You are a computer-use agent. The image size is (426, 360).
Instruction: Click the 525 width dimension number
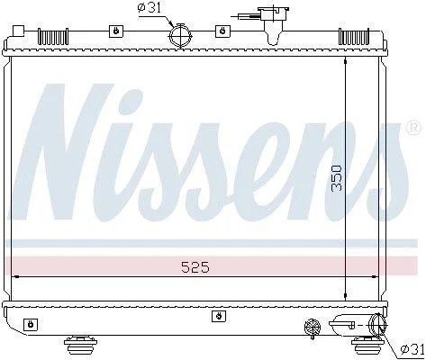pos(195,267)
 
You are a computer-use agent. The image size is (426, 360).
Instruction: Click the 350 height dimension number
pos(337,178)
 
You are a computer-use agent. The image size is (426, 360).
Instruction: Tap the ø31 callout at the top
pos(150,8)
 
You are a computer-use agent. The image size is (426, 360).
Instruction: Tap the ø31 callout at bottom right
pos(413,349)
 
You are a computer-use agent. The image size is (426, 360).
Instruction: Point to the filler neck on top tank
pos(274,24)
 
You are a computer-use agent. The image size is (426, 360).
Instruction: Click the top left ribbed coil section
pos(53,37)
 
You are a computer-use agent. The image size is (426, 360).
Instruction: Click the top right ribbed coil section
pos(354,36)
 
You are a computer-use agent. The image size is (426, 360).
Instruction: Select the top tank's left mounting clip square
pos(116,31)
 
